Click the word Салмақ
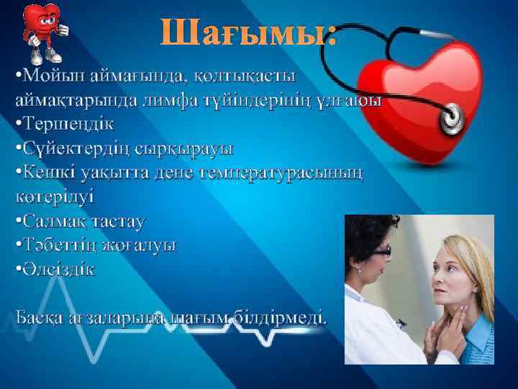[x=56, y=220]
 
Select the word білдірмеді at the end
[x=283, y=316]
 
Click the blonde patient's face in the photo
[x=455, y=274]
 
